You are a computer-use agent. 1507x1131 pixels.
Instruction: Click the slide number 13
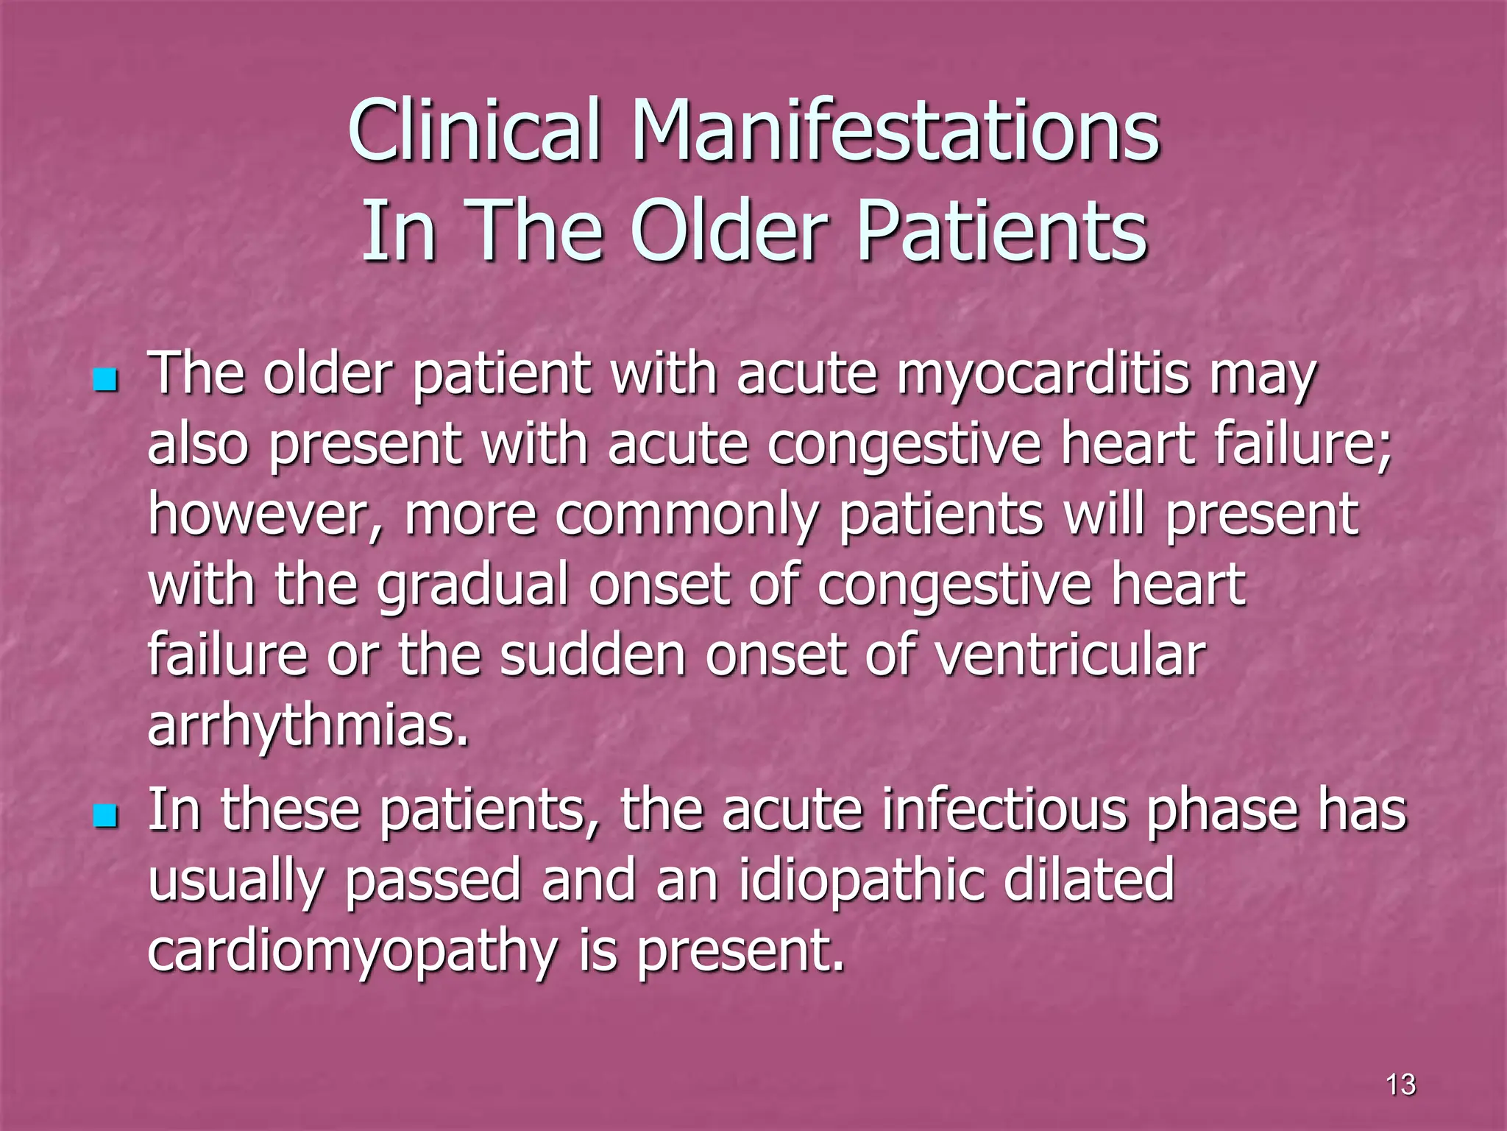pos(1400,1084)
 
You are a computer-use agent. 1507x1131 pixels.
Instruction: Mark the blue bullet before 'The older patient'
pos(106,381)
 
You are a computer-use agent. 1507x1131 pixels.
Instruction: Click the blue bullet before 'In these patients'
pos(106,816)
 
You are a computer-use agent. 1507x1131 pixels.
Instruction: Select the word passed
pos(433,881)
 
